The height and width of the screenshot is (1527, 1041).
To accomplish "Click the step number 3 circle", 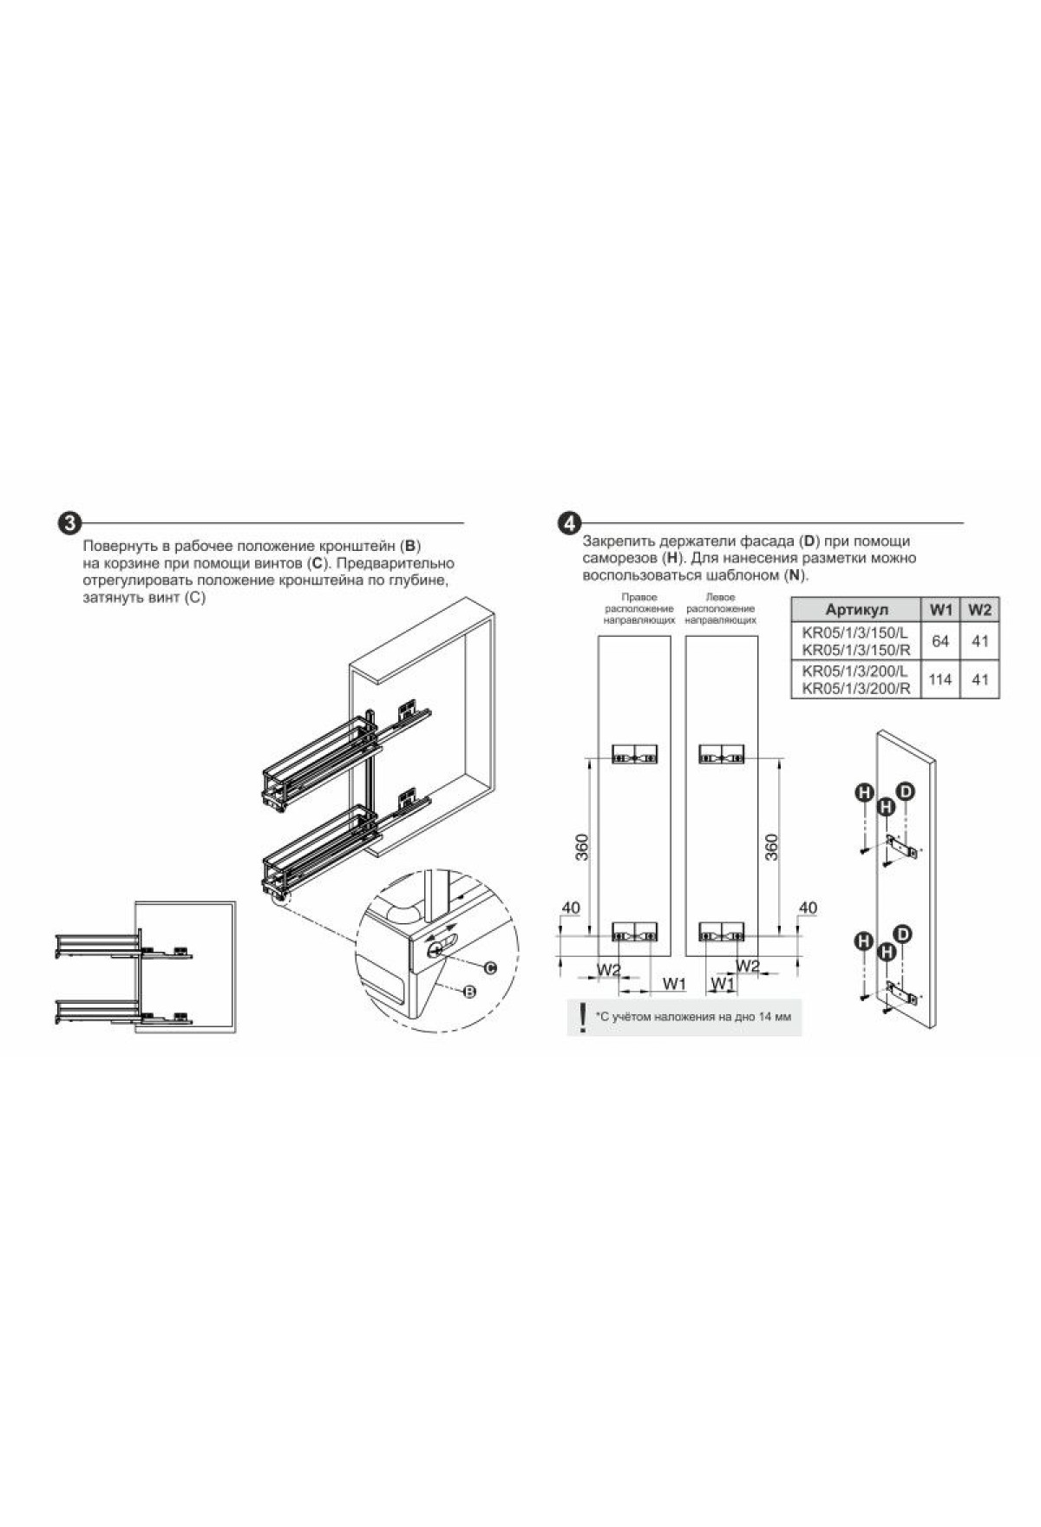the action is [69, 523].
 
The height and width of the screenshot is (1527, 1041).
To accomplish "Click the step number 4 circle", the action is [569, 523].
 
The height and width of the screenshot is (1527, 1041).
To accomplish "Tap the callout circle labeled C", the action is [489, 967].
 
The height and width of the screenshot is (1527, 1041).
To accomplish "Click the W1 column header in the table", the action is [941, 609].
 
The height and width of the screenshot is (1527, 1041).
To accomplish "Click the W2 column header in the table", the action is [979, 609].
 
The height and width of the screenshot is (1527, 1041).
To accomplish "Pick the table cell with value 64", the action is [940, 641].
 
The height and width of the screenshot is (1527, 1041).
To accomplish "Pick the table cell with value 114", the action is [940, 679].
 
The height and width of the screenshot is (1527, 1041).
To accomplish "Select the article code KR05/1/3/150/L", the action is [855, 632].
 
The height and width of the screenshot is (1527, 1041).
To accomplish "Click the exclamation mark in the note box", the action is [582, 1016].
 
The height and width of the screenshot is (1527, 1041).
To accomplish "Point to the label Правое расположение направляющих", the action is [639, 609].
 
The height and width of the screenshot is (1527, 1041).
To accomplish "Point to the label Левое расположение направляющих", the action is [721, 609].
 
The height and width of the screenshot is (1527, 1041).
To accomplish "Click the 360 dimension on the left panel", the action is [581, 847].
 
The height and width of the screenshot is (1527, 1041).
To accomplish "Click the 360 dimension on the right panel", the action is [773, 847].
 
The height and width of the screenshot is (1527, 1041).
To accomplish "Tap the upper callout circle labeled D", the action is [906, 790].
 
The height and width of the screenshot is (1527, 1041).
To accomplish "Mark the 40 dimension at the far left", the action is [571, 908].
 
